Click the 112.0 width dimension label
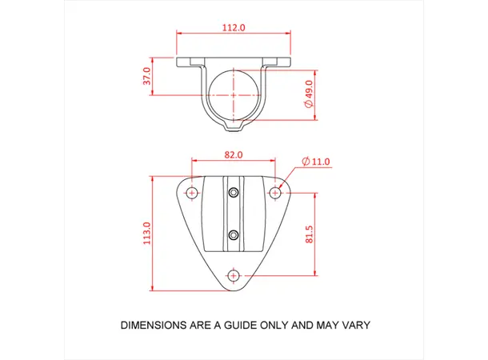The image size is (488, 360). click(233, 27)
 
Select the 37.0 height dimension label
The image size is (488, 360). click(147, 77)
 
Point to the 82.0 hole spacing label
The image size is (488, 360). click(233, 154)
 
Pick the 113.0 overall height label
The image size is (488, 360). click(146, 234)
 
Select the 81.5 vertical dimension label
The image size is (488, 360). click(309, 234)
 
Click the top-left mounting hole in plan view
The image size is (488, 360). click(192, 193)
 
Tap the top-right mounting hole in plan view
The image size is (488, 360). click(275, 193)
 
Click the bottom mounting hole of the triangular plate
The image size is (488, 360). click(234, 275)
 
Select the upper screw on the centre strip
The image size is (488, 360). click(234, 193)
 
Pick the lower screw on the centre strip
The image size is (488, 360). click(234, 234)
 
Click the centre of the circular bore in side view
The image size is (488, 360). click(234, 94)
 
